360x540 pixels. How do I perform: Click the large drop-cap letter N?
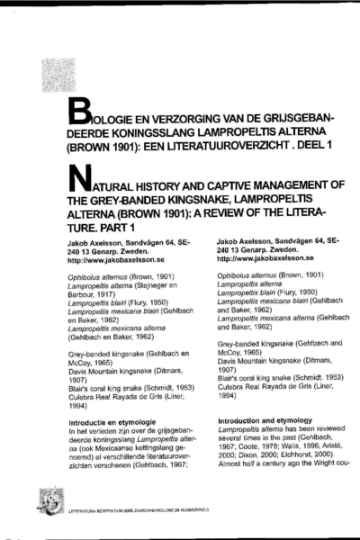84,175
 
